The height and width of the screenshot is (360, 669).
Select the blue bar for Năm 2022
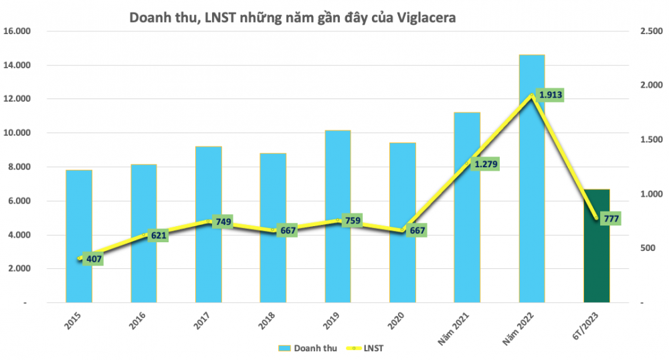(532, 201)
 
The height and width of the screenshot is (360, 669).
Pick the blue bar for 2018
(273, 268)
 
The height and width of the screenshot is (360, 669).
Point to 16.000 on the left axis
(19, 31)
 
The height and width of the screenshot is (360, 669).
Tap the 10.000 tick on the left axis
(19, 133)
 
